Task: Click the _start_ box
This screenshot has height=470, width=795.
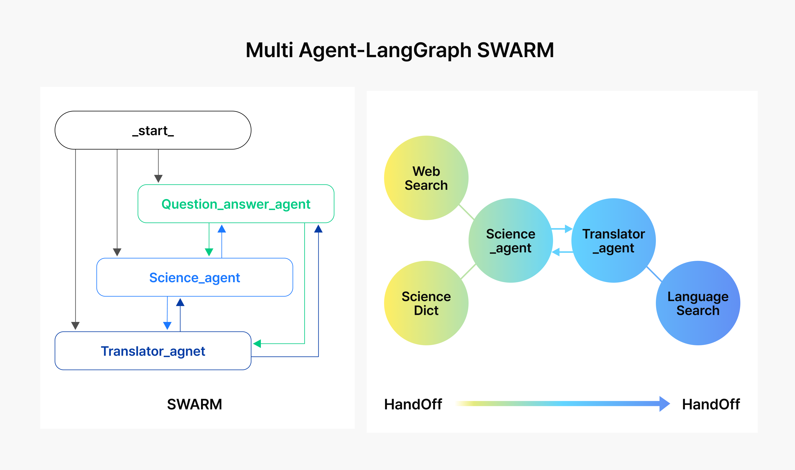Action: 153,130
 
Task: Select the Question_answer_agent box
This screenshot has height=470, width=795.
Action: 236,204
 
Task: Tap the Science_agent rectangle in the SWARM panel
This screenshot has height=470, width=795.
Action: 195,277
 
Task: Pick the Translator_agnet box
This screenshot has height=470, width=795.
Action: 153,351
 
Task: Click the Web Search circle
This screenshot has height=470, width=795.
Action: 426,178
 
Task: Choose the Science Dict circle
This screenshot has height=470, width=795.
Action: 426,303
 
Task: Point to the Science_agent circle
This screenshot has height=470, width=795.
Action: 511,240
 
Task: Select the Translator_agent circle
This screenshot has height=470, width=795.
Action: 613,240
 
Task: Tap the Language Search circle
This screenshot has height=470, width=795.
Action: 698,303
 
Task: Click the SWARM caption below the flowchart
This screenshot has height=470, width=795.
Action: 195,404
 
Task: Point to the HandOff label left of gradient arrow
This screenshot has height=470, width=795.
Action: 413,404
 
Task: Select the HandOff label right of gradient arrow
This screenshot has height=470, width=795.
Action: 711,404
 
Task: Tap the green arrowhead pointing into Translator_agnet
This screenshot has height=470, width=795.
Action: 257,344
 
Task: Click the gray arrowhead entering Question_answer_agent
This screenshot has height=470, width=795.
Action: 158,179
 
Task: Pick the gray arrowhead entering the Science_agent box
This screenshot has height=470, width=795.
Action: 117,252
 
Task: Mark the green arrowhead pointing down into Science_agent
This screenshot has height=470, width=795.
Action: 209,252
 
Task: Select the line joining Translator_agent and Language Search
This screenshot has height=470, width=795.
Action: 654,274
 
